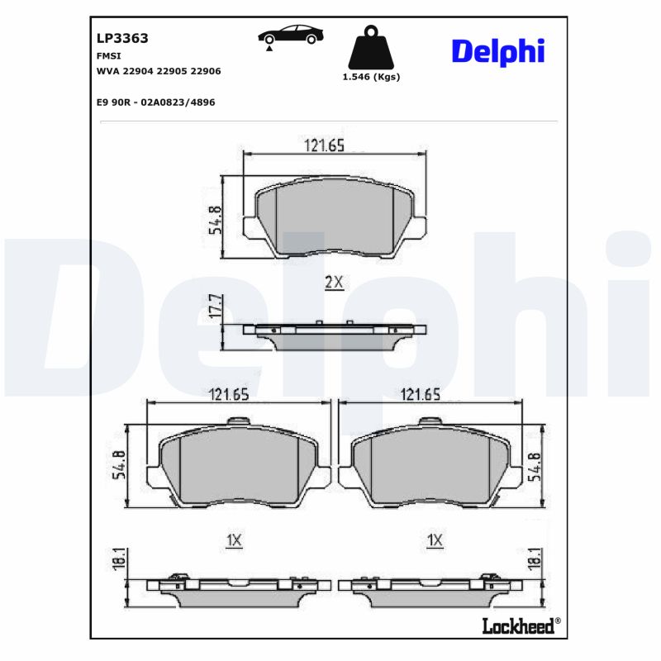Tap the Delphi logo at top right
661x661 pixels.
[497, 51]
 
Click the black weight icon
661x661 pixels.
[371, 50]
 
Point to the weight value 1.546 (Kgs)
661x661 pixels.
[371, 77]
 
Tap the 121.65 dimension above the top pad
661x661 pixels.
[325, 145]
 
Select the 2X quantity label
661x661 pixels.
[333, 283]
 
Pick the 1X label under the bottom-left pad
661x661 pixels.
[234, 540]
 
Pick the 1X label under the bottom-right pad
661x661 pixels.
[435, 540]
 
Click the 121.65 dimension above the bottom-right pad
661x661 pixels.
[421, 395]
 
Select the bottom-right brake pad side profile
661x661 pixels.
[429, 589]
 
